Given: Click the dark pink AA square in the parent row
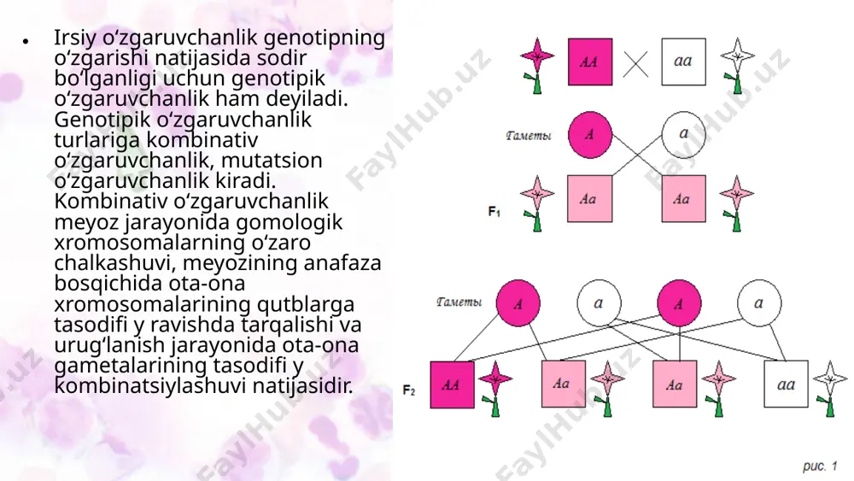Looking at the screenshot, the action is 590,62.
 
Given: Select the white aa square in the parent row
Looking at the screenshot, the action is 683,62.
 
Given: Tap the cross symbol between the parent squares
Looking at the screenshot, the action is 635,65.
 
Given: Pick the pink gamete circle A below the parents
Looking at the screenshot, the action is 590,134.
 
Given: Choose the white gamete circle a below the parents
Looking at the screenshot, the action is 683,134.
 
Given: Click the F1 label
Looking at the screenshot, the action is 494,211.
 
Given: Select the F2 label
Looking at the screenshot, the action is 409,390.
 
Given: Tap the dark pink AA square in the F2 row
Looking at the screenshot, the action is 452,384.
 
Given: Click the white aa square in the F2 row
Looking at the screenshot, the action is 786,384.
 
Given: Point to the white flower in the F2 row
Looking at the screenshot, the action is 829,389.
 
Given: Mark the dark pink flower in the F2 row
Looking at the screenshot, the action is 495,389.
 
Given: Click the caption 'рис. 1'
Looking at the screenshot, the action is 820,466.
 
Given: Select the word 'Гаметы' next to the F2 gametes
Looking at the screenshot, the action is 459,302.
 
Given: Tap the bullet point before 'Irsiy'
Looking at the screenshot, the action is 26,41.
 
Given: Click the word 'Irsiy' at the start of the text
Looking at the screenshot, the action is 75,38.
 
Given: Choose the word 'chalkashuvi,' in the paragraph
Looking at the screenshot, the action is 115,262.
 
